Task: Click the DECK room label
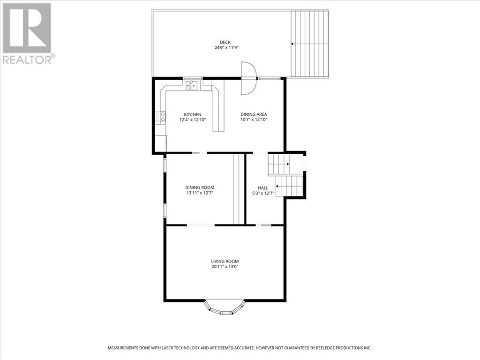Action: [x=225, y=42]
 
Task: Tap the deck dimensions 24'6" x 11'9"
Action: [x=226, y=48]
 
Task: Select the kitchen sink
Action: [x=192, y=86]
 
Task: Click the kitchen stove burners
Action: [x=160, y=117]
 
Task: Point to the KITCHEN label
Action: [x=193, y=114]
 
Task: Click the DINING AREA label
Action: [x=254, y=114]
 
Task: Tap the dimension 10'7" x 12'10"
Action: [x=254, y=120]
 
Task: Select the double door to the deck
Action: [x=248, y=78]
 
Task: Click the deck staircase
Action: [x=309, y=44]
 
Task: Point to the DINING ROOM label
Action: [x=200, y=187]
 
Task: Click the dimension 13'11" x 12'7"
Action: [x=200, y=193]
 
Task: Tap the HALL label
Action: [x=263, y=188]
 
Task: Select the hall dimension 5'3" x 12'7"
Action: [x=263, y=193]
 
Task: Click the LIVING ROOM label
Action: [x=225, y=261]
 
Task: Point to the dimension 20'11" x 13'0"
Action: [x=225, y=267]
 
